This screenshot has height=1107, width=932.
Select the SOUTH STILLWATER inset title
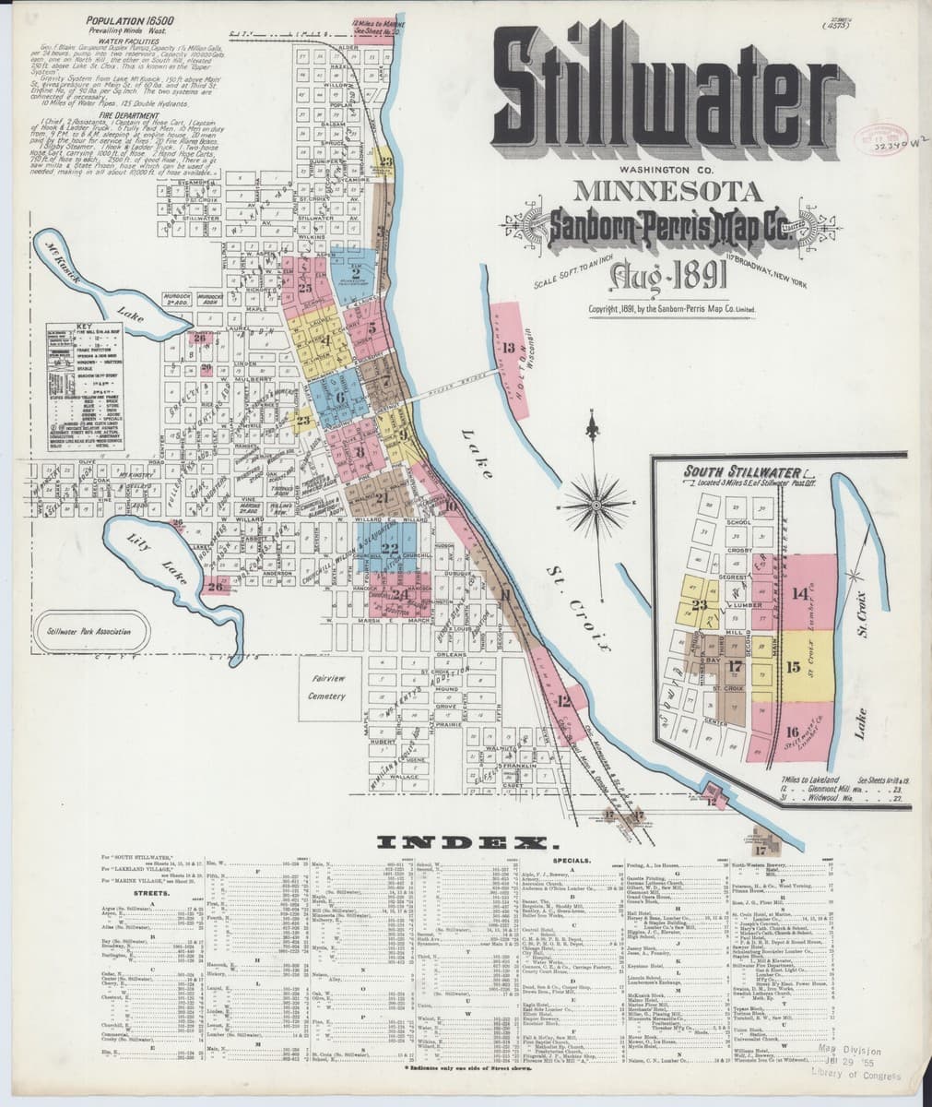pyautogui.click(x=729, y=471)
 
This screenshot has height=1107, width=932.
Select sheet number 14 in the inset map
pyautogui.click(x=798, y=593)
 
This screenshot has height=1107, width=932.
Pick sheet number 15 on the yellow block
pyautogui.click(x=793, y=667)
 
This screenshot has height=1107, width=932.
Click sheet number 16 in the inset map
pyautogui.click(x=791, y=732)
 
